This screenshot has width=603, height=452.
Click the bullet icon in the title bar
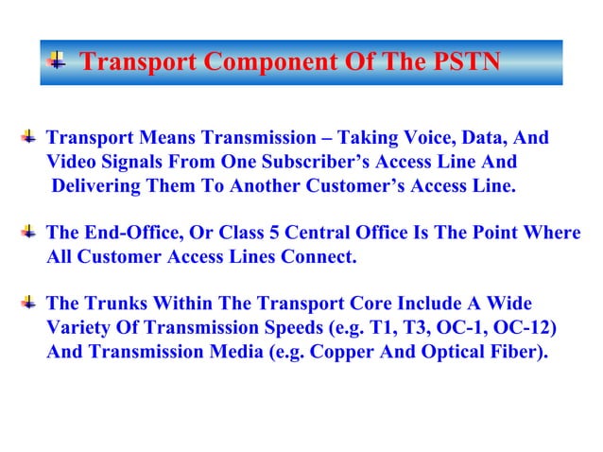[58, 62]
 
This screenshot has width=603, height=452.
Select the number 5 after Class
[311, 232]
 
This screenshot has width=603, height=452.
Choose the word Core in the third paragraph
[356, 304]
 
